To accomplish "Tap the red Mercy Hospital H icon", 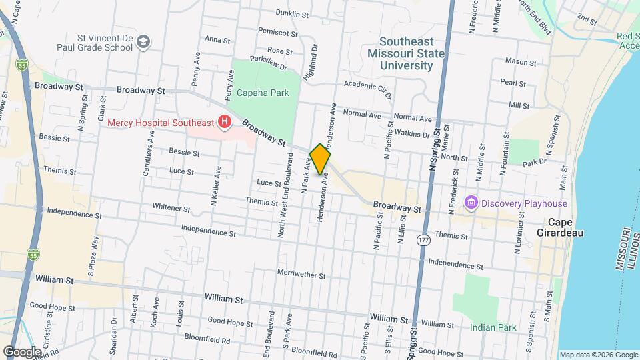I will [225, 123].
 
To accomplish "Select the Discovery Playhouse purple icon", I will [472, 203].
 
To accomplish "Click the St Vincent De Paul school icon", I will [143, 43].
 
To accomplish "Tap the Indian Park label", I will [493, 327].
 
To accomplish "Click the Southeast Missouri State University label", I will [407, 53].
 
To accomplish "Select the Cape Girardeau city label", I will [561, 228].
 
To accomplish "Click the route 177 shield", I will [423, 239].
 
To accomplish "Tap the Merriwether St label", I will [301, 275].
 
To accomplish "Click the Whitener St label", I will [167, 207].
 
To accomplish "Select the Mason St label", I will [521, 61].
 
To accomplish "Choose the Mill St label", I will [519, 105].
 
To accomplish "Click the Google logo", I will [22, 351].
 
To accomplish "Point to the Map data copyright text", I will [599, 355].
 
